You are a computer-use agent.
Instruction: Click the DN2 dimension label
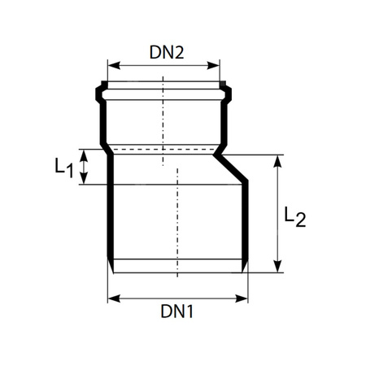coord(167,52)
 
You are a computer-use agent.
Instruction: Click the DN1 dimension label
coord(176,312)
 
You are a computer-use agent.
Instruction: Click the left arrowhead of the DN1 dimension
coord(112,298)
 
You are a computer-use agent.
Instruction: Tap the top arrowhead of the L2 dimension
coord(278,159)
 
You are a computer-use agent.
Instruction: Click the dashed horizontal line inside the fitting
coord(163,149)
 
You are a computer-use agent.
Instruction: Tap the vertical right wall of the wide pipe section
coord(246,228)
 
